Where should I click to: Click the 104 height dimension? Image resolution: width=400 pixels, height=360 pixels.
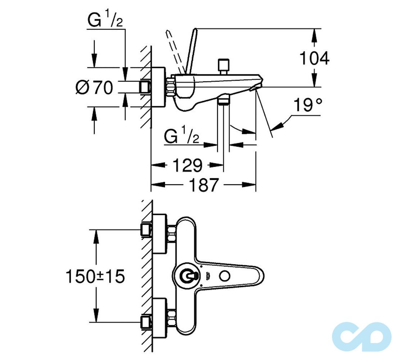pos(314,58)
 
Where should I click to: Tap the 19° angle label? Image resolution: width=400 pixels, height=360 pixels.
pos(307,105)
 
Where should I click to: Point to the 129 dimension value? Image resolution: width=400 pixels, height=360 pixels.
pos(187,165)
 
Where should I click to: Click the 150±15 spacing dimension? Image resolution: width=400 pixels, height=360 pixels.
pos(95,276)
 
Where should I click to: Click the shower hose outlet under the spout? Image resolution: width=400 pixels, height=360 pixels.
pos(224,99)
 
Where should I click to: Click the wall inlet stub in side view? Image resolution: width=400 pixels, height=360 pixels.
pos(146,87)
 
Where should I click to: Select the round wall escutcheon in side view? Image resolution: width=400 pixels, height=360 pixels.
pos(159,87)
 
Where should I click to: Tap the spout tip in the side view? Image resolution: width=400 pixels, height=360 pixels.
pos(259,83)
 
